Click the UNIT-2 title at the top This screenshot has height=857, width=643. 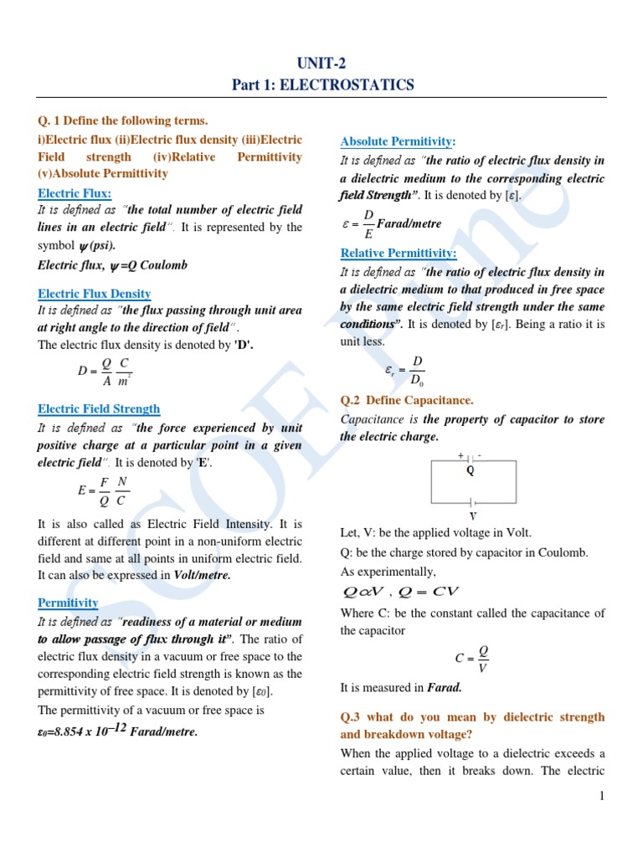pos(321,64)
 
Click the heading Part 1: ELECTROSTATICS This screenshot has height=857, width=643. pos(321,85)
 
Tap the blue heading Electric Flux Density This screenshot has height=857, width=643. pos(95,293)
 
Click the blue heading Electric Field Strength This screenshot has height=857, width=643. pos(99,408)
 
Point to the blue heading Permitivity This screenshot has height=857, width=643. pos(68,603)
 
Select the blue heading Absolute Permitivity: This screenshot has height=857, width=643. pos(398,141)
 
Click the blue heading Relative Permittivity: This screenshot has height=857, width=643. pos(398,253)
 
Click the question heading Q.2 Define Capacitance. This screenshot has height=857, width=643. pos(407,400)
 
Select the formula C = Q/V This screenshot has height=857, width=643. pos(472,659)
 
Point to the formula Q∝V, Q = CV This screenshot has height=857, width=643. pos(401,593)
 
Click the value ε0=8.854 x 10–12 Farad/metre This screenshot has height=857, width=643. pos(118,731)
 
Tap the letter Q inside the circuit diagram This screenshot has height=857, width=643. pos(471,470)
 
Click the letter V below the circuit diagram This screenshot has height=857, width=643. pos(472,516)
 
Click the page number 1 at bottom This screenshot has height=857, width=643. pos(601,796)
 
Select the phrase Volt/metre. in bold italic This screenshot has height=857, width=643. pos(202,576)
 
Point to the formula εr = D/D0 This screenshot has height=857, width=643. pos(405,369)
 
